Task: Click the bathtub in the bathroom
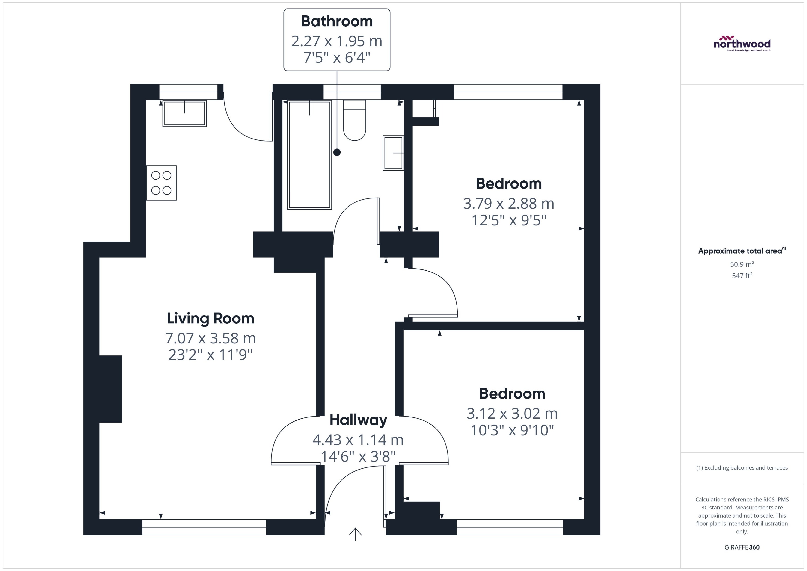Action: pos(309,155)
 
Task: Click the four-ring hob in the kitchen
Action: pos(161,183)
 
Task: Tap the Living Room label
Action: pos(210,318)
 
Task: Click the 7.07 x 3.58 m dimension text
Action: pos(210,338)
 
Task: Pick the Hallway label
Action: pos(358,420)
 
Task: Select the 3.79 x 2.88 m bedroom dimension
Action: pos(508,204)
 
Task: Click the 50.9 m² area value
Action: pos(742,264)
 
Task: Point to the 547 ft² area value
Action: pos(742,276)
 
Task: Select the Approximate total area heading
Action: pos(742,251)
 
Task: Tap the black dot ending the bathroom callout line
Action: pos(337,152)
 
